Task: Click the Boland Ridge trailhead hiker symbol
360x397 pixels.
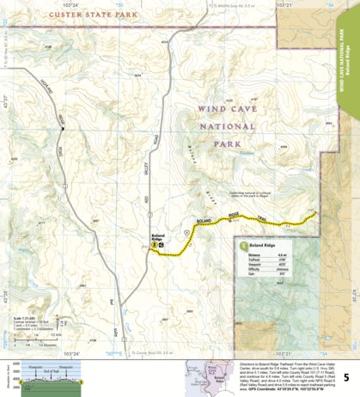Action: (x=154, y=244)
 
